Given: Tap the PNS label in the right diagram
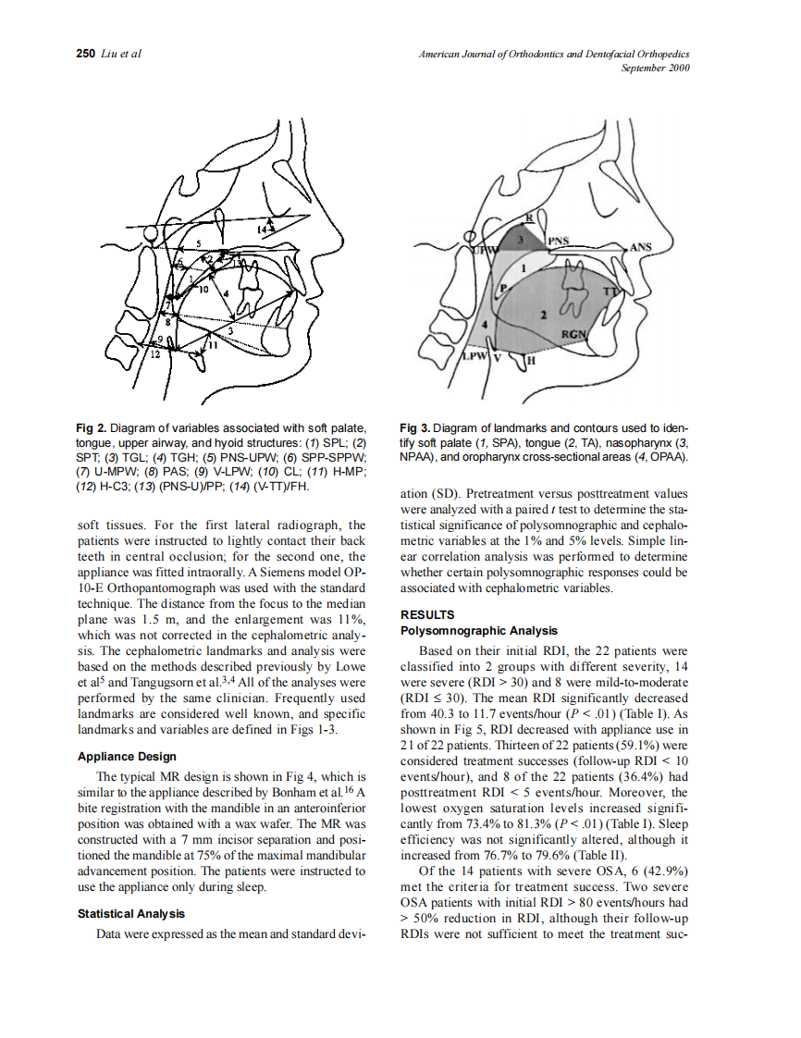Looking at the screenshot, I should [559, 240].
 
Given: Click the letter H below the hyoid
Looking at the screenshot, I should [532, 360].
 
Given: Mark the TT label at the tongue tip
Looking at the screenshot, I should [610, 293].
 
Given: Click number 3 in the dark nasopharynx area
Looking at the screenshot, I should [521, 239].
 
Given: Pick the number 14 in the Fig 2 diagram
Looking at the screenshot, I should [266, 227].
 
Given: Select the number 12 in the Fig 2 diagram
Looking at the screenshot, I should [155, 355].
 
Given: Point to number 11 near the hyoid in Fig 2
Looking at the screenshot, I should [212, 346].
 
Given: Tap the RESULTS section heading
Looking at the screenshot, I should [426, 614].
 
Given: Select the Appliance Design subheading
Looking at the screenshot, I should [127, 756].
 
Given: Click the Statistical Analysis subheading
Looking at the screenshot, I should [130, 914].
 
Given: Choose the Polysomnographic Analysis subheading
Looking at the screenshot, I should [479, 630].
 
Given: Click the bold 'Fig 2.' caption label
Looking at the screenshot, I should [92, 427].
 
